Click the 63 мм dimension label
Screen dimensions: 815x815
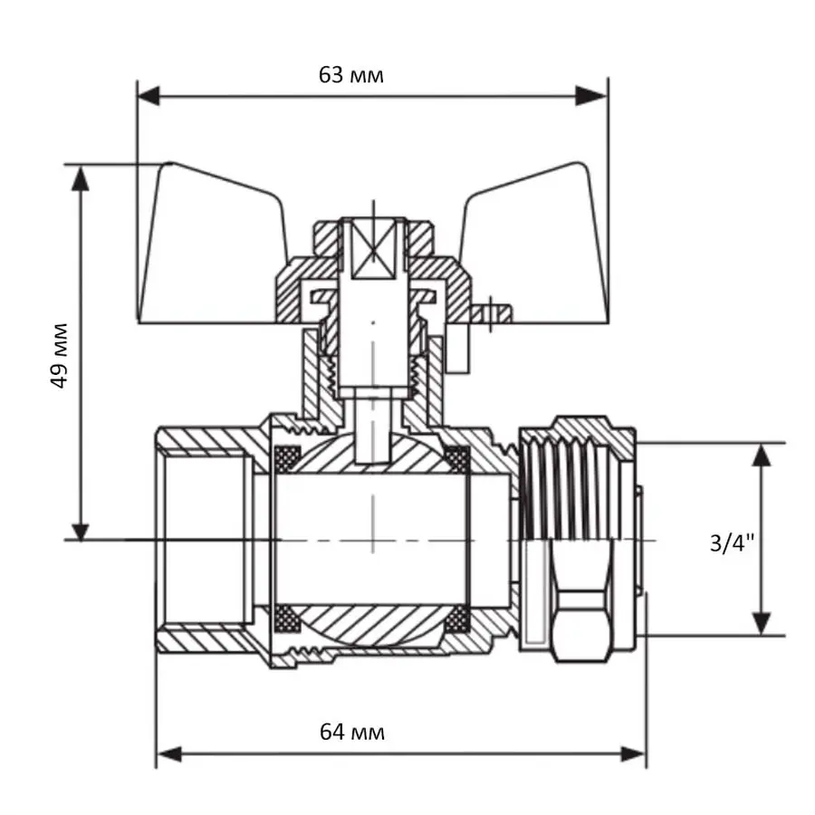(x=351, y=75)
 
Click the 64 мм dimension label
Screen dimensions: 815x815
(x=351, y=732)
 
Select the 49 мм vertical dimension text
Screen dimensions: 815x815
(x=60, y=353)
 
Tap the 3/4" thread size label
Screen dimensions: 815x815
(x=732, y=542)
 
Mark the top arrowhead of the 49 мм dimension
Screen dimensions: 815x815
(x=81, y=177)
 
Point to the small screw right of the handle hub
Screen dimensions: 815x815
(x=492, y=312)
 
